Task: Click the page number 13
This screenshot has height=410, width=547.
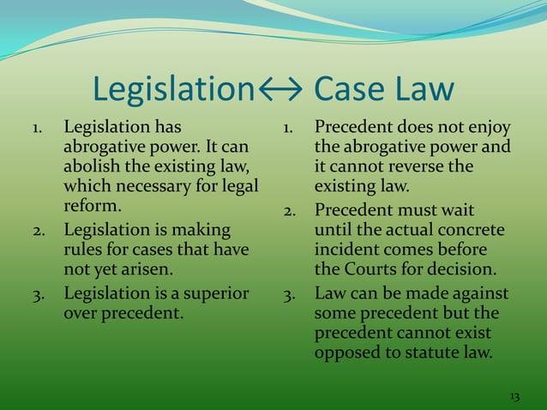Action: pyautogui.click(x=514, y=396)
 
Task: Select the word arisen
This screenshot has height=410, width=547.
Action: pyautogui.click(x=133, y=271)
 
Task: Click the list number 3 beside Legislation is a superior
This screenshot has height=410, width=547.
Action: pyautogui.click(x=38, y=294)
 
